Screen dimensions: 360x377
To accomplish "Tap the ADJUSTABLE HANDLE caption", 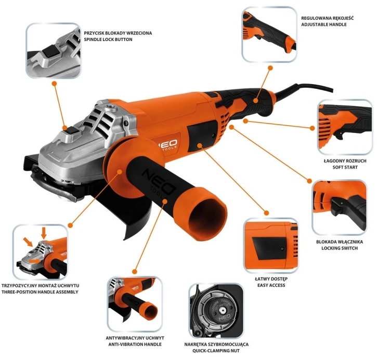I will (327, 24).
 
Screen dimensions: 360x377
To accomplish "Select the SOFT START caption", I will (344, 168).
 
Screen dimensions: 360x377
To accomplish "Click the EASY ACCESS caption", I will (269, 285).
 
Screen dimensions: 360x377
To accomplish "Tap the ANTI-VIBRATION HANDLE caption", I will (134, 344).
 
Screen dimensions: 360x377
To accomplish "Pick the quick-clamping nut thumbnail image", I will (216, 310).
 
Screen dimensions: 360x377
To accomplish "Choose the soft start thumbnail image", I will (344, 126).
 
